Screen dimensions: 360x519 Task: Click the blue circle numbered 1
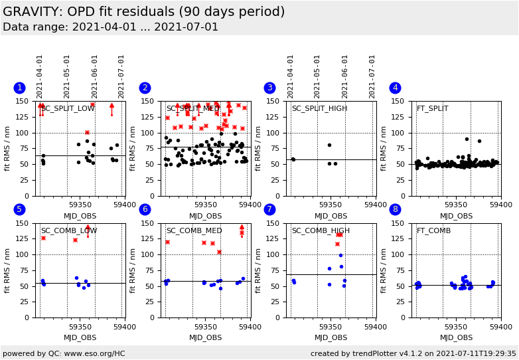[x=19, y=88]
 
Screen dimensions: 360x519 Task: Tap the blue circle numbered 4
[x=395, y=88]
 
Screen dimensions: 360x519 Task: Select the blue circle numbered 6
[x=145, y=209]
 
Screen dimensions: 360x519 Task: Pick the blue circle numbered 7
[x=269, y=209]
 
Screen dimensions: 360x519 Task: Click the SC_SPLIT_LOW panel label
[x=68, y=109]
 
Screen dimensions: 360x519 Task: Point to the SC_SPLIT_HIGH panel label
[x=319, y=109]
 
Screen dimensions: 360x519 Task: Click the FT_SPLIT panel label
[x=432, y=109]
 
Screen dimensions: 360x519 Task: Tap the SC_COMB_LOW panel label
[x=69, y=231]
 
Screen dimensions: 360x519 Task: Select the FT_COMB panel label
[x=433, y=231]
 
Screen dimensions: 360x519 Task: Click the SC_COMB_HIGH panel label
[x=321, y=231]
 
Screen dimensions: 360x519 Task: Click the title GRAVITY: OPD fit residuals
[x=143, y=12]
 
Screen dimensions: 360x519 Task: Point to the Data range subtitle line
[x=110, y=27]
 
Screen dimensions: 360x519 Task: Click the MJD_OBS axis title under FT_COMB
[x=457, y=337]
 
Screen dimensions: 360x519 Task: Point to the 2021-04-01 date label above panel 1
[x=40, y=76]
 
